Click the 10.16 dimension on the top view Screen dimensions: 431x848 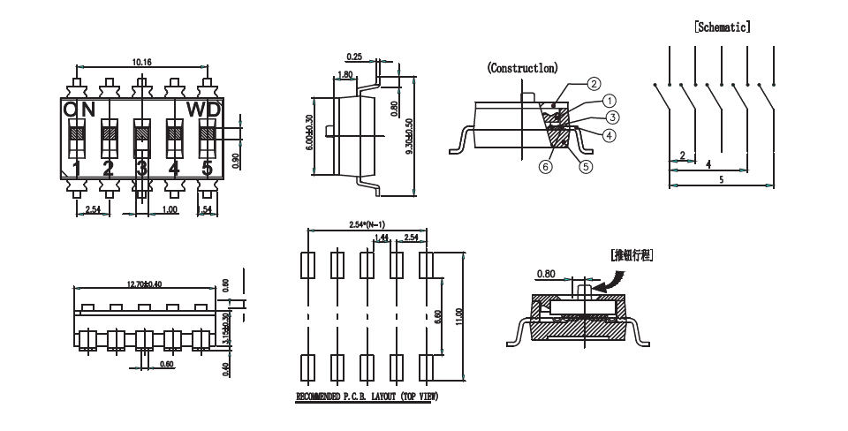pos(141,62)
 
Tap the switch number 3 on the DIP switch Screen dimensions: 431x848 pos(141,168)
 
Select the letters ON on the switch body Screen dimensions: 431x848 pos(79,109)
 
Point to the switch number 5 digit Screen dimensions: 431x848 pos(208,168)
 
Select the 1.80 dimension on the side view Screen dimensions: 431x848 pos(346,75)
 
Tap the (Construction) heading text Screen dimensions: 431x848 pos(520,68)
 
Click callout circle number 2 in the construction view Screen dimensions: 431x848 pos(594,84)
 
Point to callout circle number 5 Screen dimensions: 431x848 pos(584,163)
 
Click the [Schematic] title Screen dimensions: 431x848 pos(723,26)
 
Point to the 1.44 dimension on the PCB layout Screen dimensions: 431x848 pos(382,238)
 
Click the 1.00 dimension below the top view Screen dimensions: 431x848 pos(170,209)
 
